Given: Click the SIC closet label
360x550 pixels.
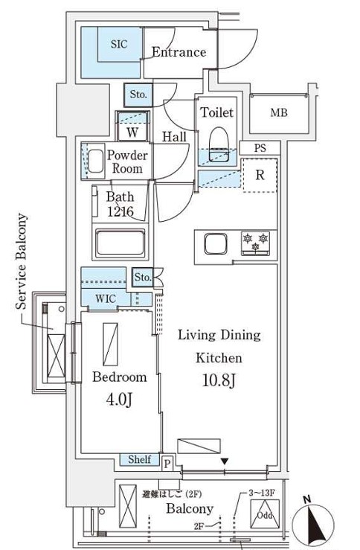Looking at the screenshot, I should tap(119, 45).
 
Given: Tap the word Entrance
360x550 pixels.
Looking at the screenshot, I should tap(179, 52).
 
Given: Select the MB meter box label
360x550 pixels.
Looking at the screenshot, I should tap(279, 113).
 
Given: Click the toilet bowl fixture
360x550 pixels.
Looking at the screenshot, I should tap(218, 142).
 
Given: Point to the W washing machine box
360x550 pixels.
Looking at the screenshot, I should tap(132, 132).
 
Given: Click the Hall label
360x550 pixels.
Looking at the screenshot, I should tap(175, 137).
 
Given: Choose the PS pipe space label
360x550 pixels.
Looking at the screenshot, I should tap(260, 148).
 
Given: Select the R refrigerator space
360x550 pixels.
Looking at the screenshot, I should tap(260, 176).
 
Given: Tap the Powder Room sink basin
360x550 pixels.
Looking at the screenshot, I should tap(96, 161).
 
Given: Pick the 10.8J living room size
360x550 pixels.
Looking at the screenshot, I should tap(219, 381).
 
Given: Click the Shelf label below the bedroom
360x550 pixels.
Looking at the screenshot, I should tap(140, 460).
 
